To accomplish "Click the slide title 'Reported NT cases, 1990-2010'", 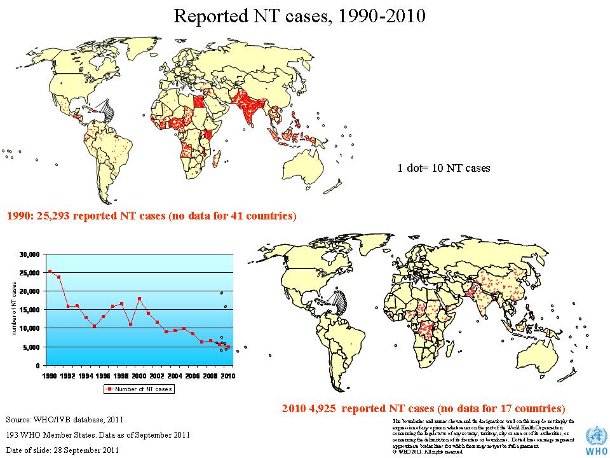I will [299, 15].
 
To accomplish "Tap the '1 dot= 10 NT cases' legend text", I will [444, 169].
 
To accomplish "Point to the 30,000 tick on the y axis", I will [30, 254].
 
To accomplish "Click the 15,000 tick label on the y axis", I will [30, 310].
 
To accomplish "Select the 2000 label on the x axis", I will [139, 376].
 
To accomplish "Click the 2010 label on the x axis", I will [227, 376].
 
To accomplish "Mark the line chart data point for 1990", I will [50, 272].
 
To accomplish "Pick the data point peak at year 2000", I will [139, 299].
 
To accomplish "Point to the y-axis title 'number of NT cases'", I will [14, 310].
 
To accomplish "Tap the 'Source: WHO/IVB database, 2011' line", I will [64, 420].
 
